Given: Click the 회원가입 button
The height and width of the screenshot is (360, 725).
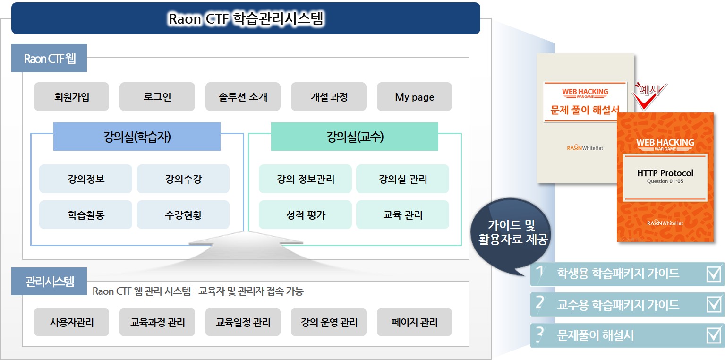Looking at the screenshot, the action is [x=71, y=96].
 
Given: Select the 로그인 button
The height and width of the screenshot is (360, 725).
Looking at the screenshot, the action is [x=157, y=96].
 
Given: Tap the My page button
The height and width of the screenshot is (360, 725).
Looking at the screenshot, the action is [x=414, y=96].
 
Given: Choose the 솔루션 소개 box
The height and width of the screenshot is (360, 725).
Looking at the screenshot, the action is [x=243, y=96].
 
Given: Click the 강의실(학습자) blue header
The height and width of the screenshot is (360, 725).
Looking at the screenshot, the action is [x=137, y=136].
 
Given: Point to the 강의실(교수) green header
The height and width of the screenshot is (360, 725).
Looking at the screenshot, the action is [x=355, y=136].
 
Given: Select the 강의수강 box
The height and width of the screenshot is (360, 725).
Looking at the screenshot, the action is [x=183, y=179].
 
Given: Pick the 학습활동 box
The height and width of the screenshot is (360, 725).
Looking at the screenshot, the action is [x=86, y=214].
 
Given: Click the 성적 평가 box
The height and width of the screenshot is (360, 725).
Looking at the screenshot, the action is [x=305, y=214].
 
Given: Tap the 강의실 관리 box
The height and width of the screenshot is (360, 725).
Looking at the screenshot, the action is [x=402, y=179].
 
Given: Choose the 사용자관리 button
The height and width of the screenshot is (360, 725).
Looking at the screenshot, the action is [x=71, y=322].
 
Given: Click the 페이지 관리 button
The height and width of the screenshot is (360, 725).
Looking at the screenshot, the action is [x=414, y=322].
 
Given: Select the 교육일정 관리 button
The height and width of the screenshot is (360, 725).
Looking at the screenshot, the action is [x=243, y=322].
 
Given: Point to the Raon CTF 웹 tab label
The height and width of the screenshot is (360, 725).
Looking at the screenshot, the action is [x=49, y=58].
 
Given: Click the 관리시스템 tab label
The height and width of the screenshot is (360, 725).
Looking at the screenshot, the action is [x=49, y=281].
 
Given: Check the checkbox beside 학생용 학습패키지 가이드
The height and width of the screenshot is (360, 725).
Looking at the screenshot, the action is [x=714, y=274].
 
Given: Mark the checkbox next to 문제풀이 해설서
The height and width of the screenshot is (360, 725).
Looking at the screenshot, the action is [x=714, y=335].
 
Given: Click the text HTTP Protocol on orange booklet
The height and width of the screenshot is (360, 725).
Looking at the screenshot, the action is [x=665, y=173].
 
